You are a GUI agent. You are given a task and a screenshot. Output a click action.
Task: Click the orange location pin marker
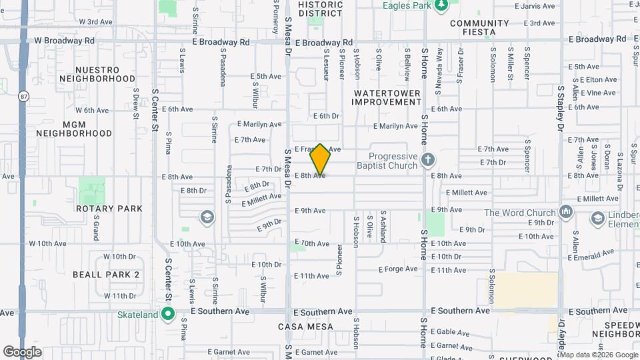pyautogui.click(x=321, y=159)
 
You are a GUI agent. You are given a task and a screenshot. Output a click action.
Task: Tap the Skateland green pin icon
pyautogui.click(x=168, y=313)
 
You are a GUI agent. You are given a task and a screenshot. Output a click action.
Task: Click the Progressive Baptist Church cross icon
pyautogui.click(x=428, y=160)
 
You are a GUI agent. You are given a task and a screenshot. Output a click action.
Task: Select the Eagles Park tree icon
pyautogui.click(x=441, y=6)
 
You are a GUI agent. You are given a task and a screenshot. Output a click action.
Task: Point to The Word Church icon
pyautogui.click(x=567, y=211)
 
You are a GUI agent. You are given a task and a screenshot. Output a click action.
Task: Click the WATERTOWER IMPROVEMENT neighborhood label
pyautogui.click(x=387, y=97)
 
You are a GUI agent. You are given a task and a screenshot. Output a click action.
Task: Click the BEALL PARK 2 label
pyautogui.click(x=106, y=275)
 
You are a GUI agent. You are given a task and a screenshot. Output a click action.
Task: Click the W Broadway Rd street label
pyautogui.click(x=64, y=40)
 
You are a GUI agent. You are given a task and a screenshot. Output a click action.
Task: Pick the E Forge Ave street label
pyautogui.click(x=398, y=269)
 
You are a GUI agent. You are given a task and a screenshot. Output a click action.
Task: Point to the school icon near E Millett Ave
pyautogui.click(x=207, y=217)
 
